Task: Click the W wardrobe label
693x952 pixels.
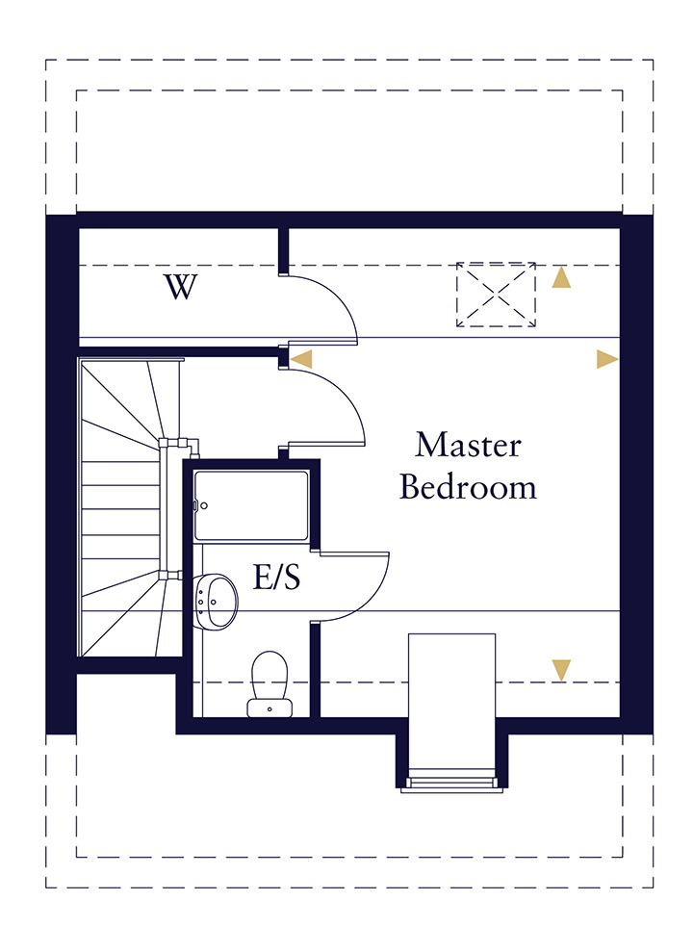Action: point(180,287)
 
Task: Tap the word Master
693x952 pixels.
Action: point(468,446)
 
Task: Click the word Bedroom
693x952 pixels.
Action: point(468,487)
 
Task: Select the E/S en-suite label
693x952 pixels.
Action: point(277,578)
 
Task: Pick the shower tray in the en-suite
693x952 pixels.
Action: point(252,505)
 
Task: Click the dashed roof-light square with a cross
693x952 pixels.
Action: point(496,294)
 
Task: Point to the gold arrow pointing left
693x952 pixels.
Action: point(301,359)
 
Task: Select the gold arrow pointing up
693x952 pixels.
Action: point(561,278)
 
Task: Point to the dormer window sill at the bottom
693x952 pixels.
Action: point(452,782)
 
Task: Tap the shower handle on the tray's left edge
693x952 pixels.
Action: point(195,504)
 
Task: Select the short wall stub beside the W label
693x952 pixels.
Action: point(283,251)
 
